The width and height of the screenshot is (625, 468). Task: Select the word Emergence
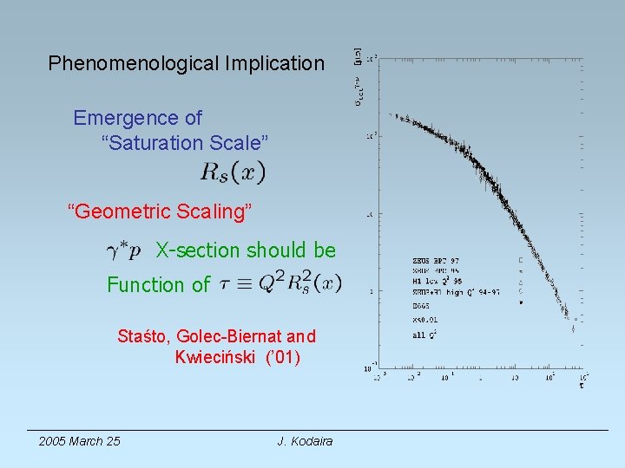pos(137,118)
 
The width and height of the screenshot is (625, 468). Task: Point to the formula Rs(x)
pos(233,172)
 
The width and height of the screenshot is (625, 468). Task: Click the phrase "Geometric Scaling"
pos(160,211)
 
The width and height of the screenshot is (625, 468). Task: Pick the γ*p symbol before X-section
pos(123,251)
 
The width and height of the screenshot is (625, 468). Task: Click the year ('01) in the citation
pos(283,357)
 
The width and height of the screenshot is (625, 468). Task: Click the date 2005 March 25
pos(79,441)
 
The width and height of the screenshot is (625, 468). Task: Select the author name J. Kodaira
pos(305,441)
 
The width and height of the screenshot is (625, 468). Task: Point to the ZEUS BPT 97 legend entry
pos(436,259)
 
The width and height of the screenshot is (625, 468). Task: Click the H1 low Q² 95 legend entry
pos(437,281)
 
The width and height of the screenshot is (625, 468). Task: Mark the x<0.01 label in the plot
pos(424,320)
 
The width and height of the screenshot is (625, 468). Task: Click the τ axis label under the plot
pos(581,385)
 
